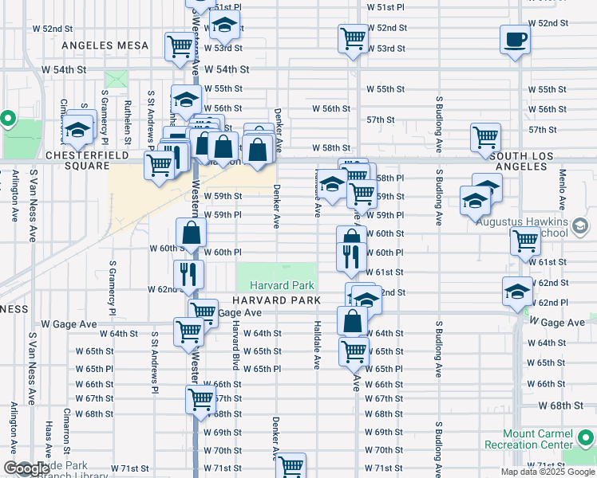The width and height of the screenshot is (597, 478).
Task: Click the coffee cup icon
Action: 515,39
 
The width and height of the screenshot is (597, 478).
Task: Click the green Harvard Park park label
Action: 277,285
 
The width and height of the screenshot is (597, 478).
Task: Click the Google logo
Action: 26,468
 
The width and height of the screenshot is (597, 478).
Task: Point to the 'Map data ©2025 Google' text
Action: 547,472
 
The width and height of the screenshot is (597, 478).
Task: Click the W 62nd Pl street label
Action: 552,303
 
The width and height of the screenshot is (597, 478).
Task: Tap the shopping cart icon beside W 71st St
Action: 291,466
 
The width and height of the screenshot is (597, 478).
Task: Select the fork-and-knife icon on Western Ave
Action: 190,273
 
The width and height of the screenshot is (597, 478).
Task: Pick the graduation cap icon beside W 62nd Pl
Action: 517,292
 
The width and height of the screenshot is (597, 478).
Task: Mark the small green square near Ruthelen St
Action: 117,80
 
